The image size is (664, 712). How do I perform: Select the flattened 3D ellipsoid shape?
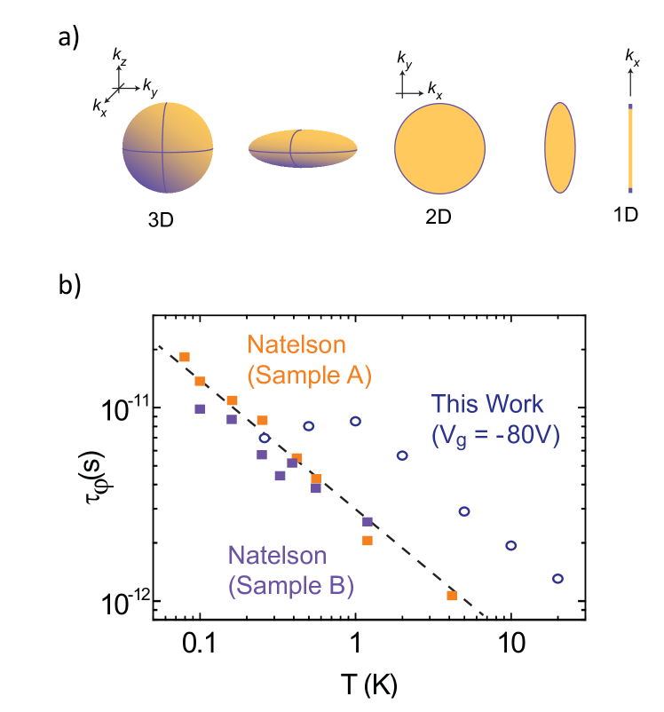point(304,149)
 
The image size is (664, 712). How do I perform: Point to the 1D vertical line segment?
point(630,148)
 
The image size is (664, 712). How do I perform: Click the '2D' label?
point(439,216)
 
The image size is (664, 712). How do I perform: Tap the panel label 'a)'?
point(70,37)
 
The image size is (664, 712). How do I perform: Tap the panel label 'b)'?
point(70,286)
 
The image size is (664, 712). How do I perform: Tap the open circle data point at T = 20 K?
point(557,578)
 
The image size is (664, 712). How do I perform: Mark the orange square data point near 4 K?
point(452,595)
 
